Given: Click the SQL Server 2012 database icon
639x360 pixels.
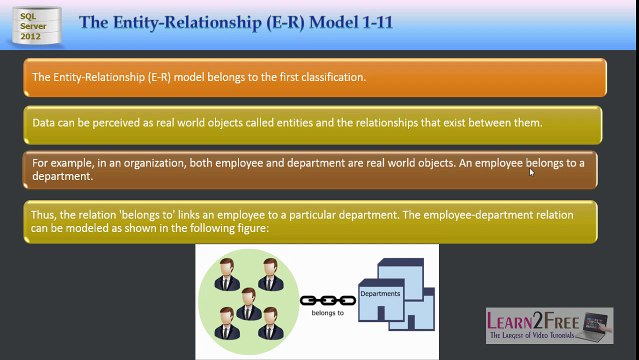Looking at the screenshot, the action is point(37,25).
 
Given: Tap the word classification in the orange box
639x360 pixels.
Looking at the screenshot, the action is point(333,77).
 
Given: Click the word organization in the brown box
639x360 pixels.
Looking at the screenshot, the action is point(155,163).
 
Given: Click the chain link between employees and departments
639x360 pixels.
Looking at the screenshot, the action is point(328,301).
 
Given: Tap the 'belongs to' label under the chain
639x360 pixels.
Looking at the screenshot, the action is point(328,313).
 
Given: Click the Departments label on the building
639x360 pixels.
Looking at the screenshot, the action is point(380,294).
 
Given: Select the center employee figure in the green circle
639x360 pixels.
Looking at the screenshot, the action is point(249,304).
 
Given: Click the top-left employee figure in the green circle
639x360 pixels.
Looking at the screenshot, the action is point(227,274).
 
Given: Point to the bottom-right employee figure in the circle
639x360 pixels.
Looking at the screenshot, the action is point(270,323).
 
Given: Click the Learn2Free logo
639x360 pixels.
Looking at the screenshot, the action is point(549,325).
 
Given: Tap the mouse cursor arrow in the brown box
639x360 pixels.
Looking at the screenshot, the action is point(531,172).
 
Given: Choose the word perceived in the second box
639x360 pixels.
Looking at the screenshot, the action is point(116,123).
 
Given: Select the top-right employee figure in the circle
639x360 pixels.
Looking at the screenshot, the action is point(271,274).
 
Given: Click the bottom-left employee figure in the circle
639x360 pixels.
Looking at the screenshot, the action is point(227,323).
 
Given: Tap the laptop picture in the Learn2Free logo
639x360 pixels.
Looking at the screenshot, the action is point(596,325).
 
